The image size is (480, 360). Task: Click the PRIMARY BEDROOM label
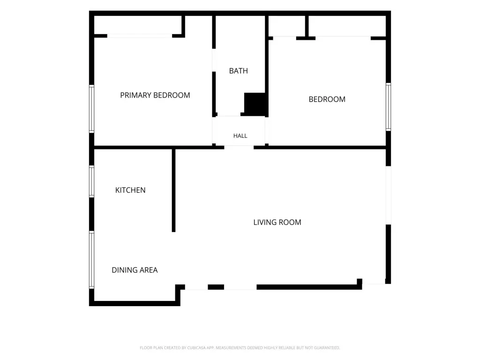click(x=155, y=95)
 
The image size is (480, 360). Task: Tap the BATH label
click(x=239, y=71)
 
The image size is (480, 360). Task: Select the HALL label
click(x=240, y=135)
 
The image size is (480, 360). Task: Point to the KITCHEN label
click(x=130, y=190)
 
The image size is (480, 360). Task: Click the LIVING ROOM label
click(x=277, y=222)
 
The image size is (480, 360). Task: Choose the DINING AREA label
click(x=135, y=270)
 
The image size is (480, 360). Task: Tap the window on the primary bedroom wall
click(x=91, y=109)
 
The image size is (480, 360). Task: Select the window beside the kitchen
click(x=91, y=181)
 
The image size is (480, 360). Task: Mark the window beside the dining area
click(x=91, y=260)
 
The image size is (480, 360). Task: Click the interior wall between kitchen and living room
click(x=173, y=190)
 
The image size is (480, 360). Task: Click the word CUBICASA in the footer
click(x=196, y=348)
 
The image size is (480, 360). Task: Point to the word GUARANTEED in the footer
click(x=328, y=348)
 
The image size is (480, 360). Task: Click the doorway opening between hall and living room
click(x=239, y=148)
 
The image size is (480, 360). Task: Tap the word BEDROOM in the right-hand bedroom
click(x=327, y=99)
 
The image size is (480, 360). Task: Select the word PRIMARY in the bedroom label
click(x=135, y=95)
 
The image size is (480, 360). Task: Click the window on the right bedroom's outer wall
click(x=388, y=107)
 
